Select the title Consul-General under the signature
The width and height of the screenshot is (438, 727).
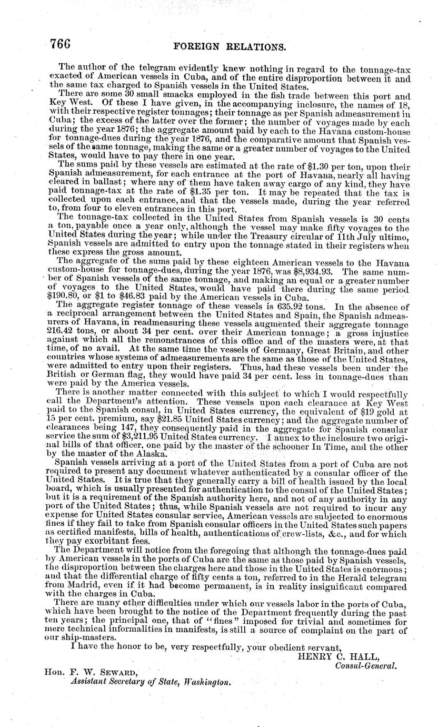pos(365,665)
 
